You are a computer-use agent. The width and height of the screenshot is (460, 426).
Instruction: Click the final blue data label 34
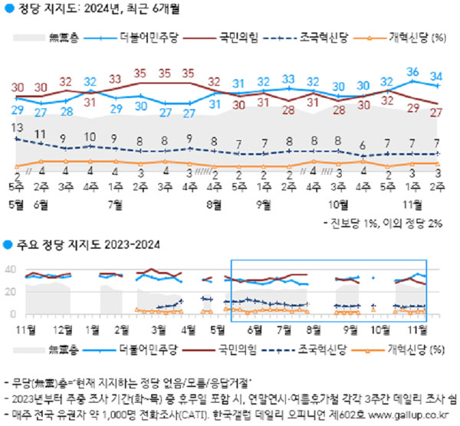(x=436, y=76)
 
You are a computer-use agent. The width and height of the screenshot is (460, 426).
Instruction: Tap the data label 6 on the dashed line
(x=363, y=146)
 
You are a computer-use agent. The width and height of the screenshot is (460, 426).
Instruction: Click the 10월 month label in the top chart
(x=338, y=205)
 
